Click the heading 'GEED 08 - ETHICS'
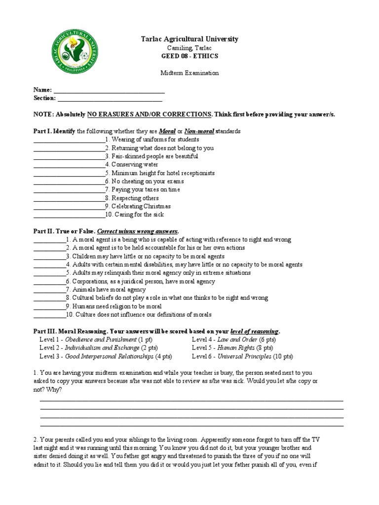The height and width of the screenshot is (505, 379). [189, 56]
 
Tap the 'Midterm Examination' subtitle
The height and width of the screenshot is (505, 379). [189, 72]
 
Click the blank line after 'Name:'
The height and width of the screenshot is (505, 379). [109, 90]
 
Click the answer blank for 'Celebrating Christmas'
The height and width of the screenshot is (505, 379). [69, 207]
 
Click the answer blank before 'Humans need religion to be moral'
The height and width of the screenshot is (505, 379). [49, 306]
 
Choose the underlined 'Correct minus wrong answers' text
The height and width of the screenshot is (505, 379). [138, 231]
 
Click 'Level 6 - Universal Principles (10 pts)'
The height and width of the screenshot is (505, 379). [242, 356]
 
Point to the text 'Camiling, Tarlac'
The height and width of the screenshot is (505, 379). [189, 47]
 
